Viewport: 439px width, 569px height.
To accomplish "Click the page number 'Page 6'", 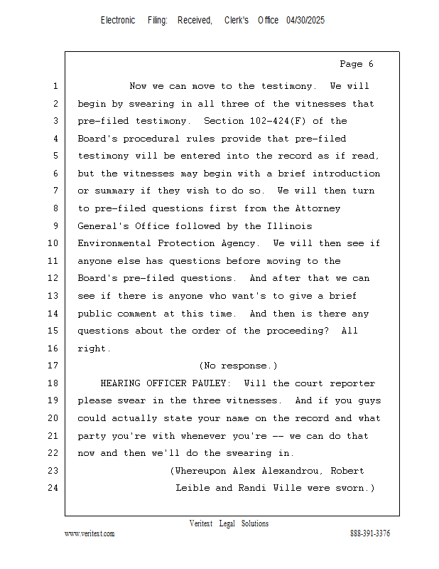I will [x=356, y=64].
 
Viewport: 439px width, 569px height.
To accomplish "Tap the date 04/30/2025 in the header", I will [x=305, y=21].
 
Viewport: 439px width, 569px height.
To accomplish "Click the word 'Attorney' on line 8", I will [x=318, y=208].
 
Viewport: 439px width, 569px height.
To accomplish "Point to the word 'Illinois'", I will [x=289, y=226].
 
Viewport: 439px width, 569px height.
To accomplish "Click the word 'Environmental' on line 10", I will [x=114, y=243].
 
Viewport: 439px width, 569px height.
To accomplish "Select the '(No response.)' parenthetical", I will [x=238, y=366].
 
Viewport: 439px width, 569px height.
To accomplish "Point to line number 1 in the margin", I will [x=55, y=86].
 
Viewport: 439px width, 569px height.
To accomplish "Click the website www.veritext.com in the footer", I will [x=90, y=533].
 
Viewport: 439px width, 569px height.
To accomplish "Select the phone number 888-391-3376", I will [x=370, y=533].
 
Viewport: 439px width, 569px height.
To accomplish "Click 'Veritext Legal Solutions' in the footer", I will [x=229, y=523].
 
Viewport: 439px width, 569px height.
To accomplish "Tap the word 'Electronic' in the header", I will [x=118, y=21].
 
